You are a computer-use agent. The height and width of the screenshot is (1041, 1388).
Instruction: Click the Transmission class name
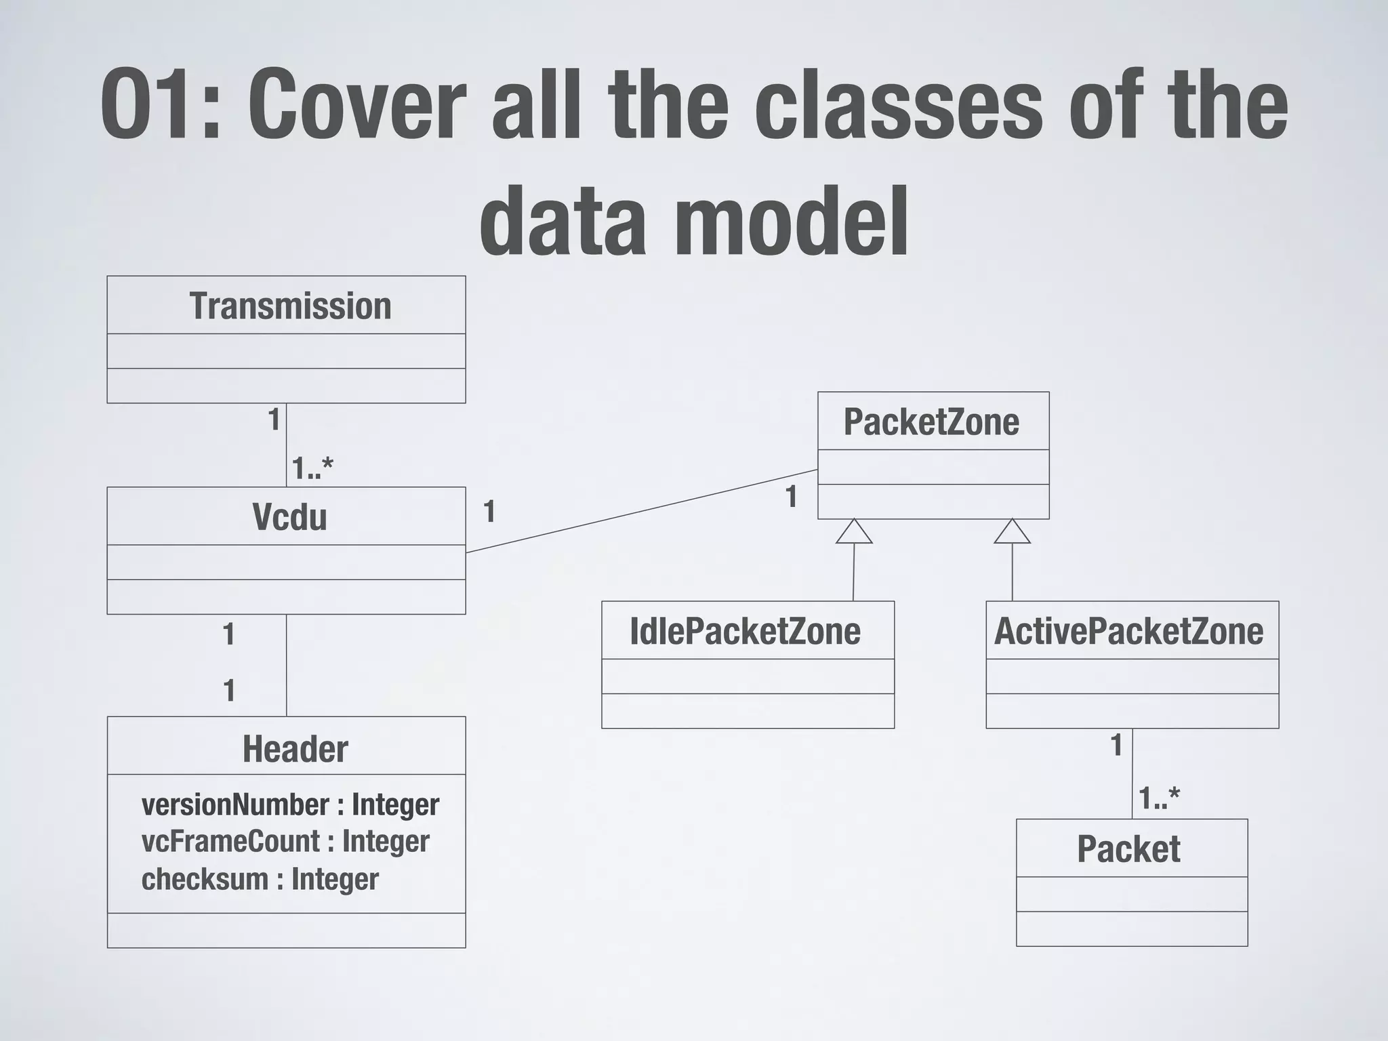coord(290,306)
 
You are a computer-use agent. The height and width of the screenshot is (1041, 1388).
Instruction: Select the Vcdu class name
coord(289,518)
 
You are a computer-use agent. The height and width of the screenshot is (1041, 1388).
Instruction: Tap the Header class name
coord(295,750)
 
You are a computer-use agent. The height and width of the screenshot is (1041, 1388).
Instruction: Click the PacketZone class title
coord(931,423)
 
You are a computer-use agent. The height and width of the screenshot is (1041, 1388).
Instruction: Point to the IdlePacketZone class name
coord(745,632)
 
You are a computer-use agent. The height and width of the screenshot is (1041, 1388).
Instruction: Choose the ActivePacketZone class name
coord(1128,632)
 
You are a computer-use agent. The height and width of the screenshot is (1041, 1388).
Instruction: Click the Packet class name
coord(1128,850)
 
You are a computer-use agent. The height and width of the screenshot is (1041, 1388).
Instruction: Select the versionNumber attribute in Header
coord(290,805)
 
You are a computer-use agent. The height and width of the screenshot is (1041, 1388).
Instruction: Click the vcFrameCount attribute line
coord(285,842)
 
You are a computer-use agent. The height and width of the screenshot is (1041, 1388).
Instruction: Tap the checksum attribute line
coord(260,879)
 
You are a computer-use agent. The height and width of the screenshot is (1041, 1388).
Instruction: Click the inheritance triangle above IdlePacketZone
coord(854,532)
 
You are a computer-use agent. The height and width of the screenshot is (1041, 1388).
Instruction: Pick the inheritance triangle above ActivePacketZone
coord(1013,532)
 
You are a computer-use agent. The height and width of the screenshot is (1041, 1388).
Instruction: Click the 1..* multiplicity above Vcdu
coord(312,468)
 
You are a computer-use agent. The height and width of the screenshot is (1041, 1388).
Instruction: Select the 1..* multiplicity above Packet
coord(1159,798)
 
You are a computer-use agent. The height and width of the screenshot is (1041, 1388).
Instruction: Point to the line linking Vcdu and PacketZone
coord(641,511)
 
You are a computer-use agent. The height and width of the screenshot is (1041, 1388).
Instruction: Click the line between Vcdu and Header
coord(287,665)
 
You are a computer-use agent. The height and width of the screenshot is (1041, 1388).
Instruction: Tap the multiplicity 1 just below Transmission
coord(274,420)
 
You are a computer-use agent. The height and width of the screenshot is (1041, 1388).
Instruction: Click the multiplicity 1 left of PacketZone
coord(791,498)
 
